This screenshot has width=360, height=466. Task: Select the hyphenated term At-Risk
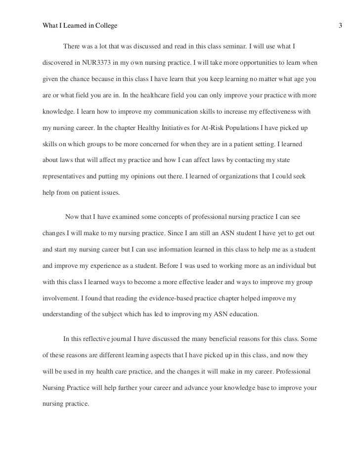pyautogui.click(x=205, y=127)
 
